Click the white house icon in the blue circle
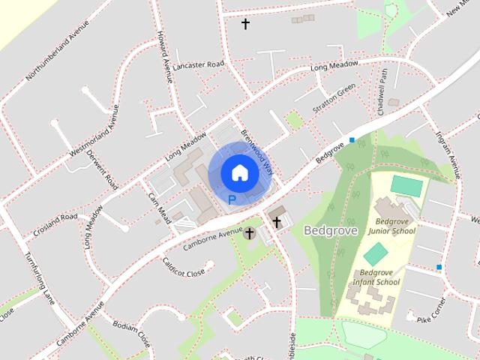[239, 172]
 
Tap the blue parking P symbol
[232, 200]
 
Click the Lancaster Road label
[198, 65]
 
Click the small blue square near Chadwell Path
[352, 139]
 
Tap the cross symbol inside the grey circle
[250, 234]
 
